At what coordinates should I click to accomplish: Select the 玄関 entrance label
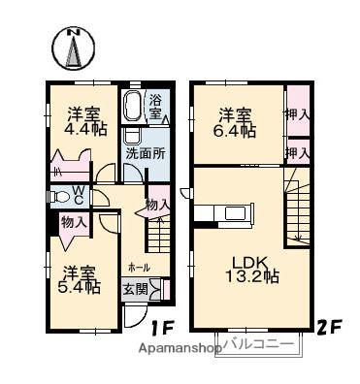coord(134,288)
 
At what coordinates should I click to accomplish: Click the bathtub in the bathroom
coord(133,106)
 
